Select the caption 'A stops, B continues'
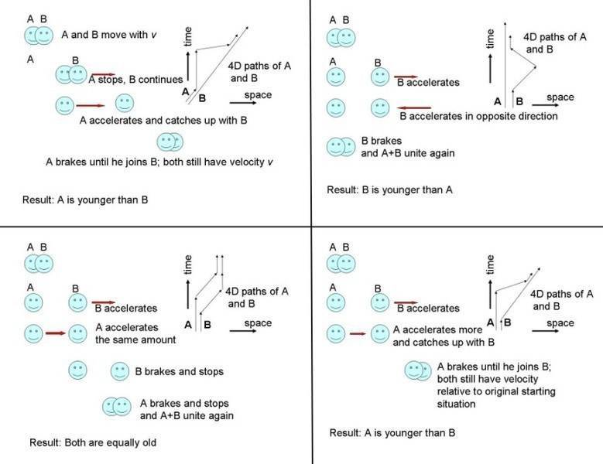click(x=136, y=79)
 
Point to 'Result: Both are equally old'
click(x=88, y=443)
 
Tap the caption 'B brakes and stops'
click(x=179, y=372)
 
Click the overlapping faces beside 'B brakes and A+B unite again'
click(x=339, y=147)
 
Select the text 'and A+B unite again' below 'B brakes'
click(x=407, y=153)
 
